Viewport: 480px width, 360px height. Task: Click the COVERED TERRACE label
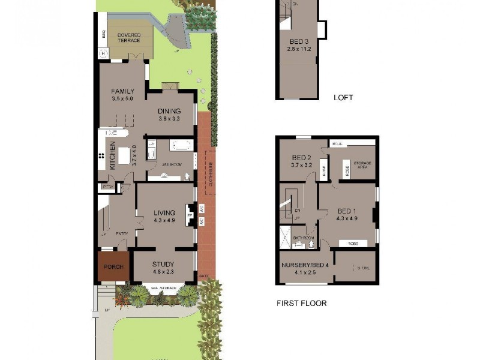click(128, 38)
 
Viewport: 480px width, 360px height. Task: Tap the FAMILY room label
click(122, 92)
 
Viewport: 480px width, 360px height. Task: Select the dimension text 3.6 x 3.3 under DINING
click(170, 119)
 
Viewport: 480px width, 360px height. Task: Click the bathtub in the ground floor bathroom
click(181, 145)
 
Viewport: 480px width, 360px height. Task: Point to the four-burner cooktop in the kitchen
click(101, 157)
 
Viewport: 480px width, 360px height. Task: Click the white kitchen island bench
click(124, 156)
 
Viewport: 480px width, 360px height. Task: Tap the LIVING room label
click(164, 212)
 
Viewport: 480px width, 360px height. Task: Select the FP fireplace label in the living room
click(190, 214)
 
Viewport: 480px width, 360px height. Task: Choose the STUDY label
click(163, 264)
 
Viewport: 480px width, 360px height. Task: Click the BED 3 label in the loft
click(298, 41)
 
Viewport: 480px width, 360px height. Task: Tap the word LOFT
click(343, 97)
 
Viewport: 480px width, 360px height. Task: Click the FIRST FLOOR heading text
click(301, 303)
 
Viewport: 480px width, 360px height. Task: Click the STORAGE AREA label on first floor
click(362, 165)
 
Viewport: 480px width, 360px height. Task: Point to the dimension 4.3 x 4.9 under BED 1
click(347, 218)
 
